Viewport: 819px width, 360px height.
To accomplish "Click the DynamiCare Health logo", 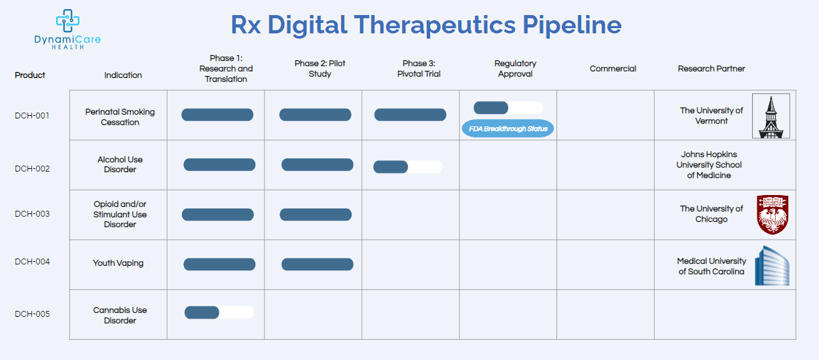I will [x=67, y=29].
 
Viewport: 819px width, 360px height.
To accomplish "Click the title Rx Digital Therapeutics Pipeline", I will [x=426, y=25].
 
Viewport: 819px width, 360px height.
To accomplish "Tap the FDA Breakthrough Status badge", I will [x=508, y=128].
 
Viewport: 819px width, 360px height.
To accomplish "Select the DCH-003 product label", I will [x=32, y=214].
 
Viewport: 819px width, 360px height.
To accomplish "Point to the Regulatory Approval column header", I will [x=515, y=69].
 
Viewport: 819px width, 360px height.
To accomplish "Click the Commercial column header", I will [x=613, y=69].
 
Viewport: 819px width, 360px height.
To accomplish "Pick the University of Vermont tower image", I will [x=771, y=116].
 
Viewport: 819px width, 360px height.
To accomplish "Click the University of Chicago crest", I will [x=772, y=214].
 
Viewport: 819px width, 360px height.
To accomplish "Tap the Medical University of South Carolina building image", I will [x=772, y=266].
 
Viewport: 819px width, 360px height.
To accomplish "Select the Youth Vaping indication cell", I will [x=118, y=263].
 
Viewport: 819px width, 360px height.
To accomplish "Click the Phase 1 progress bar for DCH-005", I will [x=219, y=312].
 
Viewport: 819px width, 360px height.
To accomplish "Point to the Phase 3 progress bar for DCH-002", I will [x=408, y=167].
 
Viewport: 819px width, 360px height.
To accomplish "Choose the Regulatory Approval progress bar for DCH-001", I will [x=508, y=108].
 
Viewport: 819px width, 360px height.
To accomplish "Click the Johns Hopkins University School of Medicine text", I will [x=709, y=165].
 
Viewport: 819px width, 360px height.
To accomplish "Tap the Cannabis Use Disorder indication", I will [x=120, y=315].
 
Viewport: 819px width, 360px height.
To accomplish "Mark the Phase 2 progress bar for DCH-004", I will [x=318, y=264].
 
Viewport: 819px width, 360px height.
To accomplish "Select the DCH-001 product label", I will [x=32, y=116].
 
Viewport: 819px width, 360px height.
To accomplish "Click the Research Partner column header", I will [x=711, y=69].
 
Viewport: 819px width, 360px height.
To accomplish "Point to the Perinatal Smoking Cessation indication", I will [x=120, y=117].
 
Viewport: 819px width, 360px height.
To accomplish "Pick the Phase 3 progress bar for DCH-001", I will [x=410, y=115].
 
